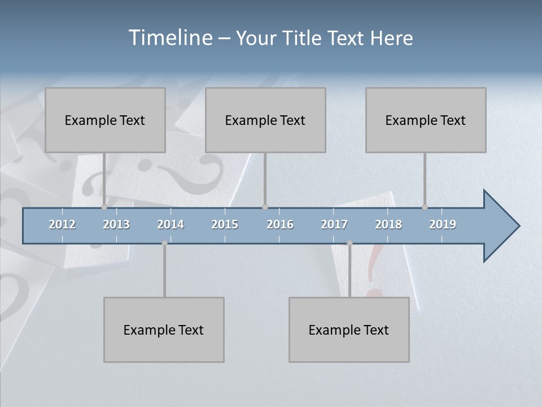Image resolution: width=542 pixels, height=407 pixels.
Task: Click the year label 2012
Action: tap(62, 224)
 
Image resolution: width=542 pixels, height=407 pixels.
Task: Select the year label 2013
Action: tap(116, 224)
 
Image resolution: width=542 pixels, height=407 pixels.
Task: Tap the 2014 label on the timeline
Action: tap(171, 224)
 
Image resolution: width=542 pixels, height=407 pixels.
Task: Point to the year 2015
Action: tap(225, 224)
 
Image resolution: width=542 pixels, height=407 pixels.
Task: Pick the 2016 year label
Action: tap(280, 224)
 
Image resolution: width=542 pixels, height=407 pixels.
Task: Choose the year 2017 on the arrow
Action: tap(334, 224)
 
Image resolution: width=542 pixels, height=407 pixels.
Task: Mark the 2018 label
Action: tap(388, 224)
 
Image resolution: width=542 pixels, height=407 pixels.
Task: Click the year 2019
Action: tap(443, 224)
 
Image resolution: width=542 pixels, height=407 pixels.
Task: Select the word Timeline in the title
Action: tap(170, 37)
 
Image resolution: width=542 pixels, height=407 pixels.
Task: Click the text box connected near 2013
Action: tap(105, 120)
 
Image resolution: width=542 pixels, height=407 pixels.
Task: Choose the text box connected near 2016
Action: tap(265, 120)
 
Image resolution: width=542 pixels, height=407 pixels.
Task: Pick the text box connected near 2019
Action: tap(426, 120)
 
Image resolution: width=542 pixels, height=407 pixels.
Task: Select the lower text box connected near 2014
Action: tap(164, 330)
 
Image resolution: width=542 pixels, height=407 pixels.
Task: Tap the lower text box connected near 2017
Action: tap(349, 330)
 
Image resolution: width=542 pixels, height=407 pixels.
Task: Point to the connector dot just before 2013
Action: tap(104, 207)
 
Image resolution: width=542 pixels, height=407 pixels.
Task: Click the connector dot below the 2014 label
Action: tap(164, 243)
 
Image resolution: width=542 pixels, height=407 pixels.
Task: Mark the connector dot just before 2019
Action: tap(425, 207)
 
